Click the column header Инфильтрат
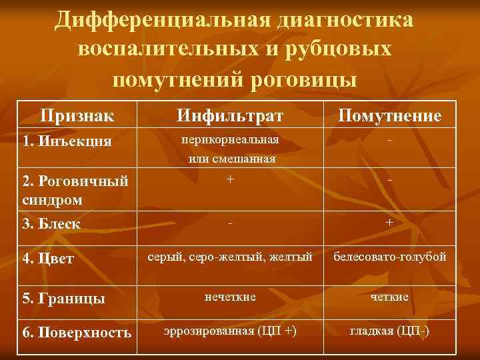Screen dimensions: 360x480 (230, 116)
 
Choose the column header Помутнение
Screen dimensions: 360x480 (389, 116)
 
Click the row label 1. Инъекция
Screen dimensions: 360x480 (66, 141)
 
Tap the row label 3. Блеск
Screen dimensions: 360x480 (51, 224)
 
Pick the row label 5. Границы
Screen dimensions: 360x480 (63, 298)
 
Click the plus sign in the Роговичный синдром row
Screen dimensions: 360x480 (230, 179)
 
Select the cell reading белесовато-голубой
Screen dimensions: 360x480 (389, 257)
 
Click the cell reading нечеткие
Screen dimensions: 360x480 (230, 296)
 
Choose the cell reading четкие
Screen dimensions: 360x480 (389, 296)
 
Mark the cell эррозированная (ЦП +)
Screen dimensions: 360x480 (230, 331)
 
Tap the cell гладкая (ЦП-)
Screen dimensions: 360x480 (389, 331)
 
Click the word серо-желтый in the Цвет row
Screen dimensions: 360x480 (224, 257)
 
